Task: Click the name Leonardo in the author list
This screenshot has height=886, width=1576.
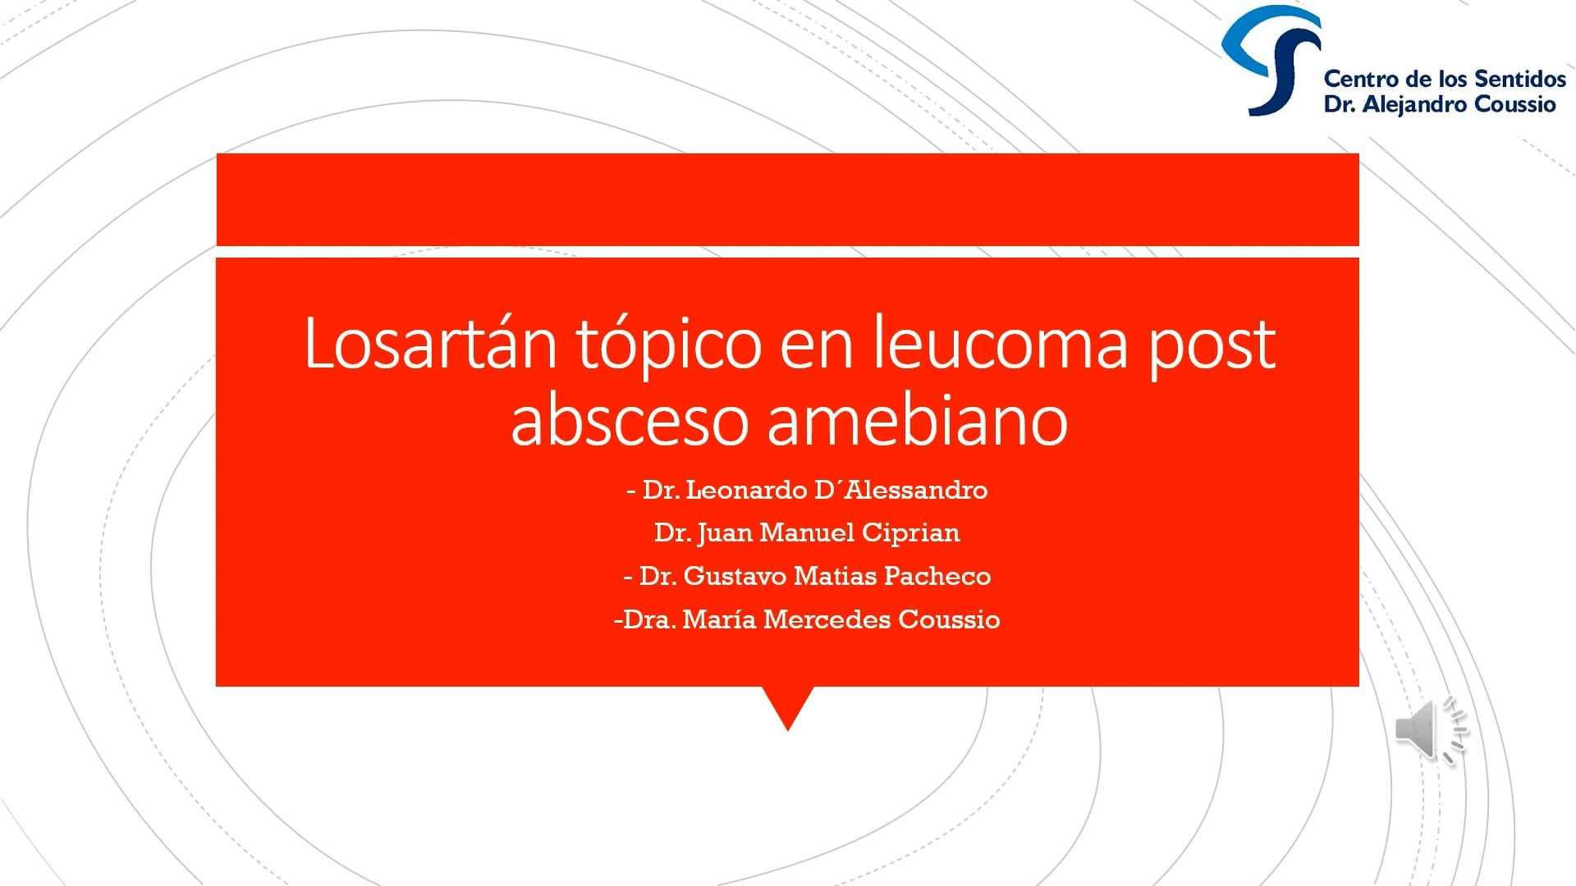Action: [746, 490]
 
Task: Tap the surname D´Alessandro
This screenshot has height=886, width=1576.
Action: [901, 490]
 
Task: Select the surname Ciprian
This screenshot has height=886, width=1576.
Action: [910, 533]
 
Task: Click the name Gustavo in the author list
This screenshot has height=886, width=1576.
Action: [735, 576]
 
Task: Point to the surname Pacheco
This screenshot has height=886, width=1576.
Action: [937, 576]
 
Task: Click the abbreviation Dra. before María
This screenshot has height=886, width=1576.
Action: [649, 619]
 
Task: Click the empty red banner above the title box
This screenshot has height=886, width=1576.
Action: [788, 199]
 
